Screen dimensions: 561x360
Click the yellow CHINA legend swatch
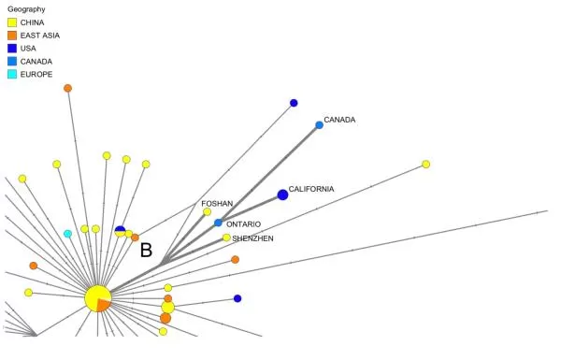click(x=12, y=22)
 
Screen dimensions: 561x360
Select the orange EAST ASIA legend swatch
click(x=12, y=36)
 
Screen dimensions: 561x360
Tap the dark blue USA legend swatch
click(x=12, y=49)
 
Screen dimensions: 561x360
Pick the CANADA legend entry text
click(x=36, y=62)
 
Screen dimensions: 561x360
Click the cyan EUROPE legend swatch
click(x=12, y=74)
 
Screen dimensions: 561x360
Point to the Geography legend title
click(x=26, y=9)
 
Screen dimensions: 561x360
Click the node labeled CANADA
click(x=319, y=125)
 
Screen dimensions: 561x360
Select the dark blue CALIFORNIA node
click(x=282, y=195)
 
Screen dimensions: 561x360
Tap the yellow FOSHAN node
click(x=208, y=212)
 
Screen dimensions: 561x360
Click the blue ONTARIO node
click(x=218, y=223)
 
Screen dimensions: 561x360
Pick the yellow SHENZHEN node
click(x=226, y=238)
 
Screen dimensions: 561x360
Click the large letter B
click(x=146, y=251)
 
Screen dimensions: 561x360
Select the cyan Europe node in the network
click(x=67, y=234)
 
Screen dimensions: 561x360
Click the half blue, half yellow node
click(x=121, y=231)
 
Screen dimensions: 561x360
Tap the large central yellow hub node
click(x=97, y=297)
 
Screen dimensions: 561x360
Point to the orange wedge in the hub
click(x=104, y=305)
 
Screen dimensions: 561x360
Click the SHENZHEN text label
click(x=252, y=238)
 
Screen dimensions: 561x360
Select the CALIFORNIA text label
click(x=311, y=189)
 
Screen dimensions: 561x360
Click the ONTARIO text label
click(x=244, y=224)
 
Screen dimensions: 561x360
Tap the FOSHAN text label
click(x=217, y=204)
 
